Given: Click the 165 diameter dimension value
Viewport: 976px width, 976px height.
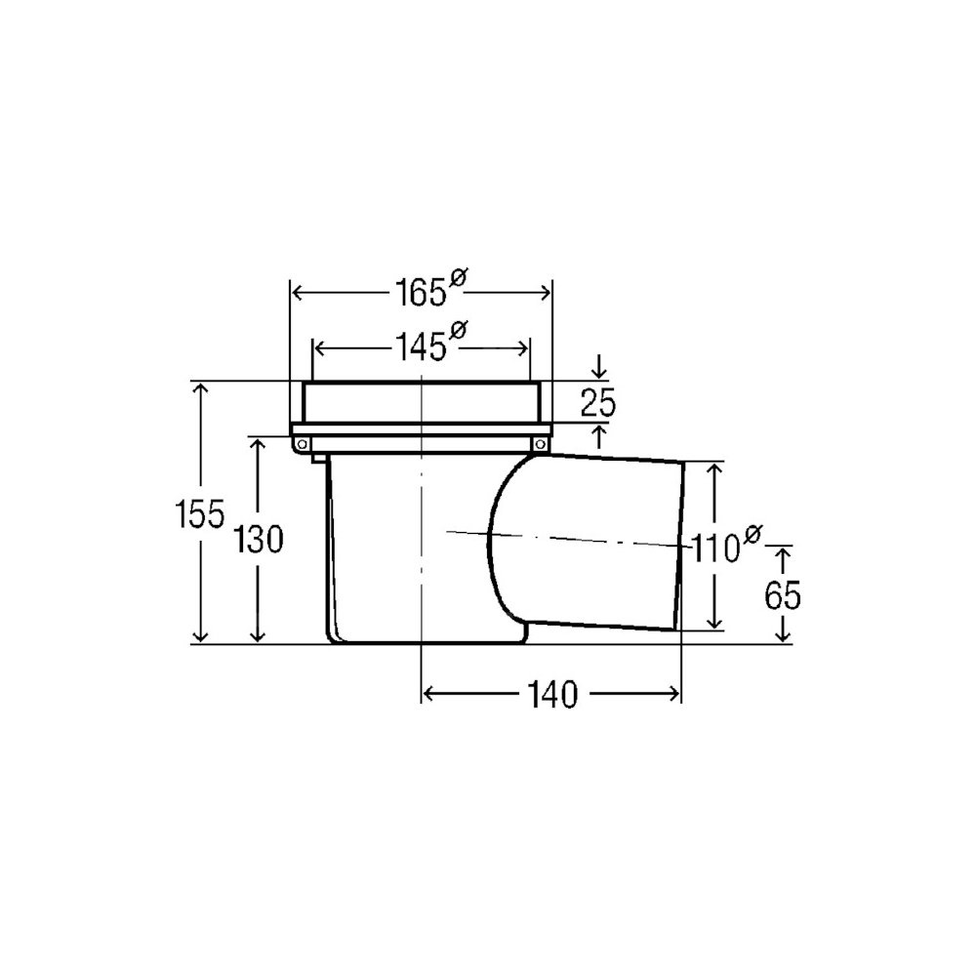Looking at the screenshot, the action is pyautogui.click(x=421, y=292).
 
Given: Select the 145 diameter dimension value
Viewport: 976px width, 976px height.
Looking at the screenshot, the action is pyautogui.click(x=421, y=346).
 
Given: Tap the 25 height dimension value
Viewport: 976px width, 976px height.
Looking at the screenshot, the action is pyautogui.click(x=597, y=403).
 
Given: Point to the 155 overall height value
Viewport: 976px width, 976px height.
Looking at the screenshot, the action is pyautogui.click(x=199, y=514).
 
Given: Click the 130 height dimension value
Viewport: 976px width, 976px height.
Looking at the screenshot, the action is pyautogui.click(x=259, y=539).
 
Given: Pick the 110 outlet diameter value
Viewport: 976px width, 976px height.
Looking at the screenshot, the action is pyautogui.click(x=715, y=549).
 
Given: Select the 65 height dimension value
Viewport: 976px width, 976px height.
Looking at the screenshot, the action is pyautogui.click(x=783, y=595).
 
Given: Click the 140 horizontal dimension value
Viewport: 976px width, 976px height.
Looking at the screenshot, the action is pyautogui.click(x=552, y=694).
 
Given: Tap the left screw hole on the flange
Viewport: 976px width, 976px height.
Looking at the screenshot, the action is pyautogui.click(x=302, y=444).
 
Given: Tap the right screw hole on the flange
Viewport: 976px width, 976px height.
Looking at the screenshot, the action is pyautogui.click(x=541, y=444).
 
